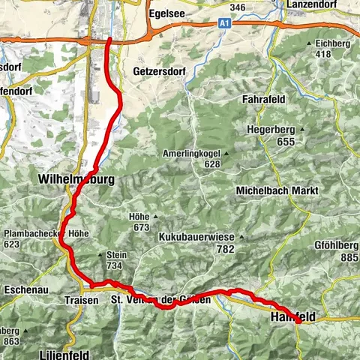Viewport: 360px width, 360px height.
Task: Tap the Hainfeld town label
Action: tap(290, 319)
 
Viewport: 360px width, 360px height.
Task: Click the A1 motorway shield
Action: tap(223, 25)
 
